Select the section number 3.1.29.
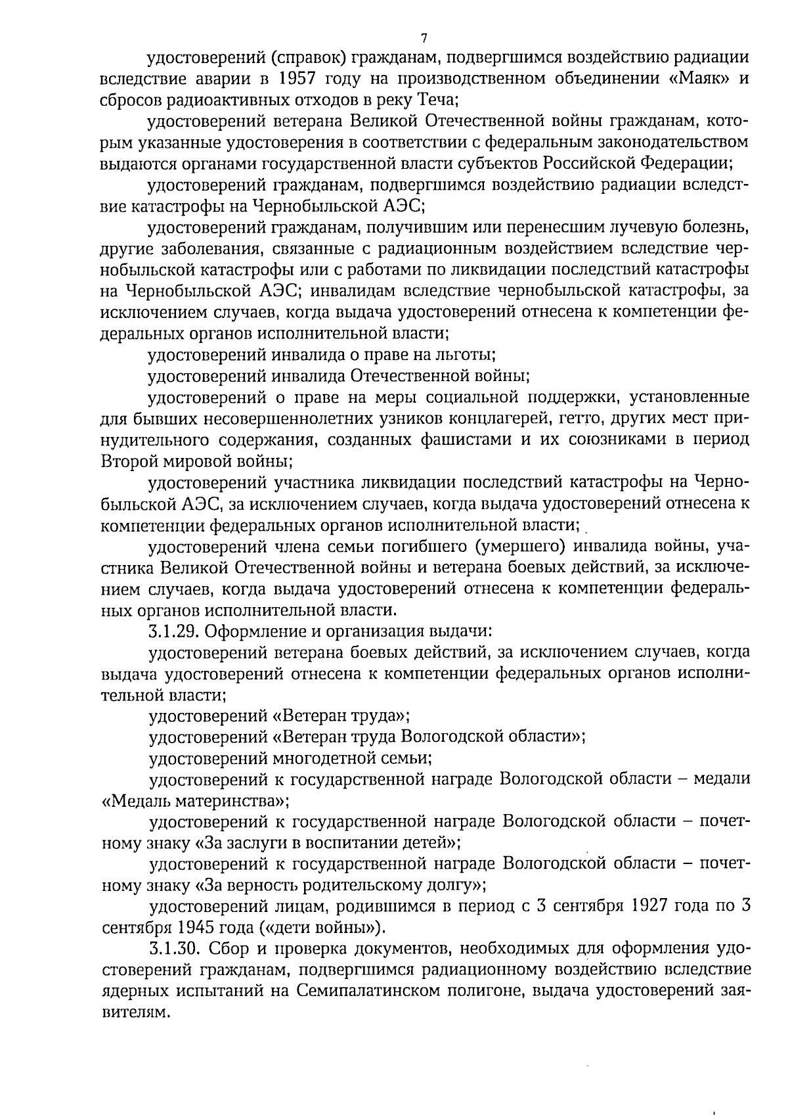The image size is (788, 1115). (173, 632)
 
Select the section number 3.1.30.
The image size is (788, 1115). (173, 951)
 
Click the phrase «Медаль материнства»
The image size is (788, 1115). (196, 802)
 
